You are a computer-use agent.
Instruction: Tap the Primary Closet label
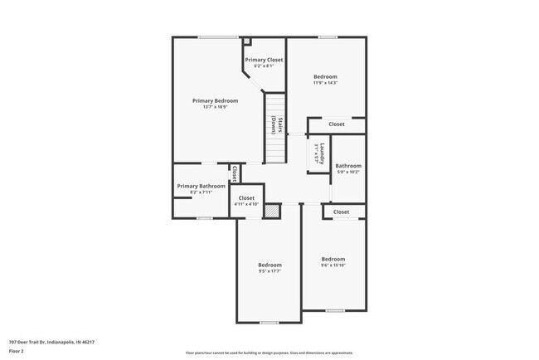tap(264, 60)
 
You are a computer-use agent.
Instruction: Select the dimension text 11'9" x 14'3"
tap(325, 83)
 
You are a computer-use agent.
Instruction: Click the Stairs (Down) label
tap(276, 125)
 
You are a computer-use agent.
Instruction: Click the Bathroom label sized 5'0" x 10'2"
tap(347, 166)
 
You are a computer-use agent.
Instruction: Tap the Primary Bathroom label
tap(201, 186)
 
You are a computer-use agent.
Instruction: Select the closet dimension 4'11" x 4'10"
tap(246, 204)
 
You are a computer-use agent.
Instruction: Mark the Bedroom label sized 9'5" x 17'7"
tap(269, 265)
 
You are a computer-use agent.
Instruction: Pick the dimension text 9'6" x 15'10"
tap(333, 265)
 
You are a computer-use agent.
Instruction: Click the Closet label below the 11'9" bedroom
tap(336, 124)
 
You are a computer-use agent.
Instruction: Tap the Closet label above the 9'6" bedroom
tap(341, 212)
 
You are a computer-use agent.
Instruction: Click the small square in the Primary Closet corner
tap(246, 40)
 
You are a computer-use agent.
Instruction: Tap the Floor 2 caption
tap(17, 351)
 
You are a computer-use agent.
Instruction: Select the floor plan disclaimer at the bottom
tap(269, 353)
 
